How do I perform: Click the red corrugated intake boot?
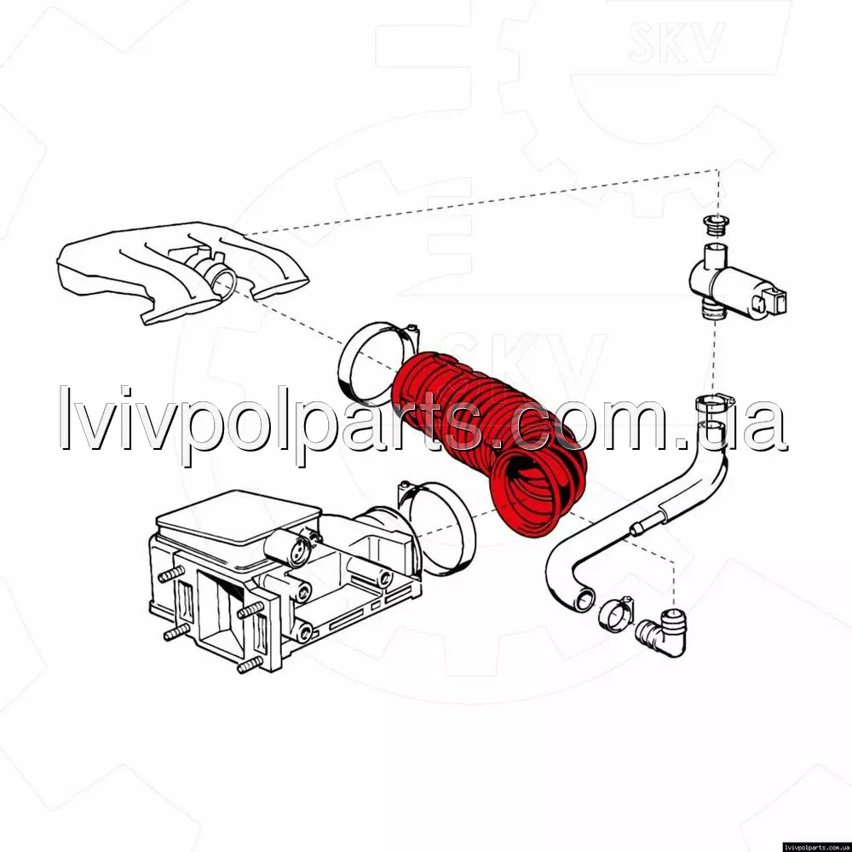tap(489, 440)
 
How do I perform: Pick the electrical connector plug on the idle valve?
tap(773, 301)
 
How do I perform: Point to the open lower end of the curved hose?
tap(584, 600)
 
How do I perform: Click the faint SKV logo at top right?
tap(676, 42)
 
